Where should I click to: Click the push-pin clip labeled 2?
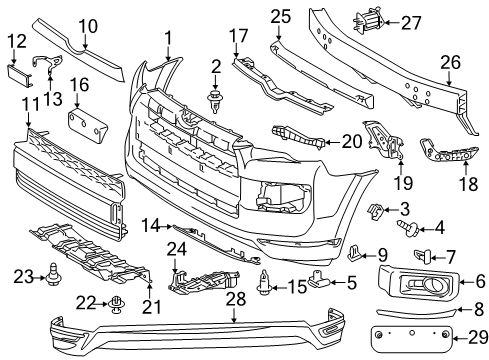pos(213,98)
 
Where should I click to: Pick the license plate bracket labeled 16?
pos(86,127)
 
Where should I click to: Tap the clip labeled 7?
pos(425,257)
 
